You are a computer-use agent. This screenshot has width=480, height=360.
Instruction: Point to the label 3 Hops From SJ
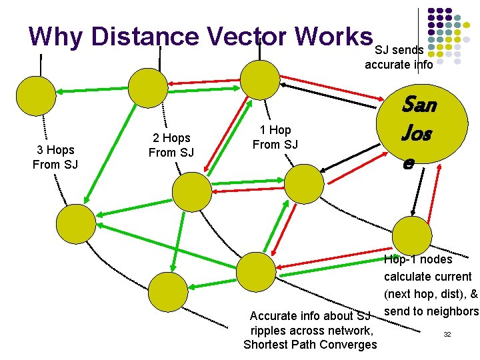tap(55, 157)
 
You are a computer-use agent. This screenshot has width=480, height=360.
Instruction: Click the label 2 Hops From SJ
tap(171, 145)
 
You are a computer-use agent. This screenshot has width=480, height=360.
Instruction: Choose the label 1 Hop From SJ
tap(275, 137)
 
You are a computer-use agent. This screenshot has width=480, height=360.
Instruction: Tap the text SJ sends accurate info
tap(399, 57)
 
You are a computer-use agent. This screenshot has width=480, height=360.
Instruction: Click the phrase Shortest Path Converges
tap(310, 345)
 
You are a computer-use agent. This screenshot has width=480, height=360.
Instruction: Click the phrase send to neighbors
tap(431, 311)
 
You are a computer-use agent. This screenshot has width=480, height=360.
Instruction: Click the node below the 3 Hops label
tap(75, 223)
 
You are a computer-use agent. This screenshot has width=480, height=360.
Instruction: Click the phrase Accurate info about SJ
tap(309, 315)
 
